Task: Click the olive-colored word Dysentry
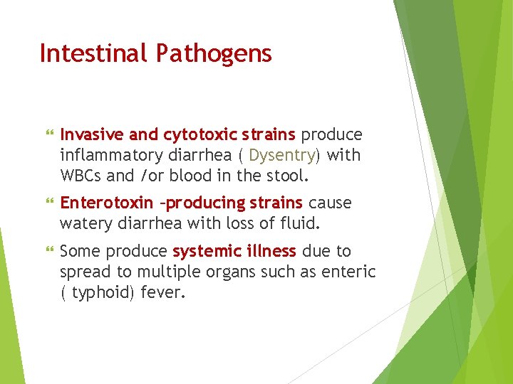tap(281, 155)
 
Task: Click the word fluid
tap(301, 223)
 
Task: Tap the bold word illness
tap(271, 251)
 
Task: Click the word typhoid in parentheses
tap(100, 291)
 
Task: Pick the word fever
tap(165, 291)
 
